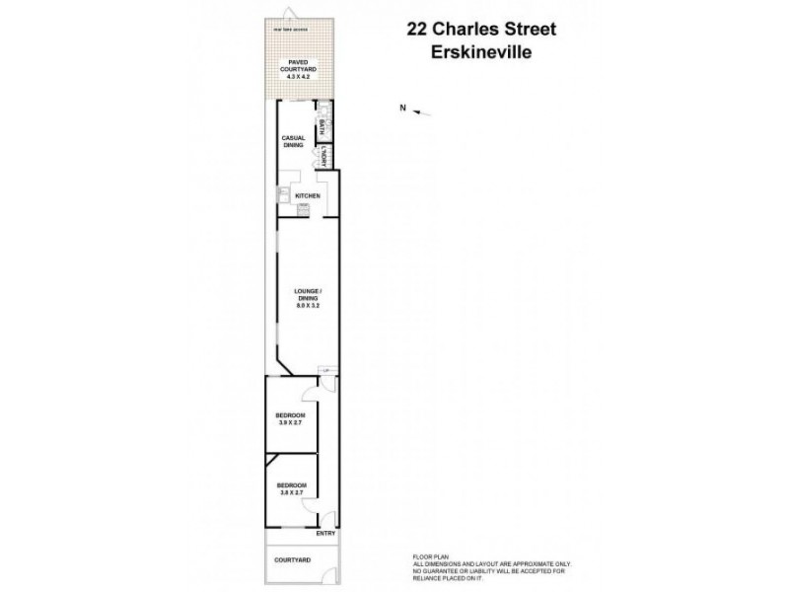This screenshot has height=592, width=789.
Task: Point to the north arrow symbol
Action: (421, 111)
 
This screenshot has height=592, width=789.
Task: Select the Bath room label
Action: (322, 128)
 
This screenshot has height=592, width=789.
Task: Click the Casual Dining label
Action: (293, 141)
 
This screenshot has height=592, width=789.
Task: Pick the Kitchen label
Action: (309, 196)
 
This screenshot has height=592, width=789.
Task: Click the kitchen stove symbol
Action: (303, 208)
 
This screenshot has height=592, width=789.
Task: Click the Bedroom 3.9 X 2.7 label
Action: (291, 418)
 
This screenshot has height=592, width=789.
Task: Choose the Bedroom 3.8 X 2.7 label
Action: (291, 488)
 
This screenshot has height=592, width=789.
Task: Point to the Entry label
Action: (325, 534)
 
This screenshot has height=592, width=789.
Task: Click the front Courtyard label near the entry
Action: (293, 559)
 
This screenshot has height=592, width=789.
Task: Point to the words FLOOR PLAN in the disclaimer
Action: (427, 557)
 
